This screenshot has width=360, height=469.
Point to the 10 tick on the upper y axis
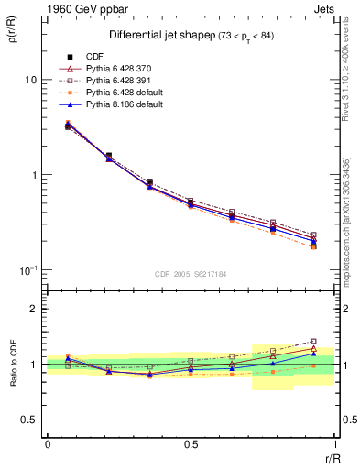click(x=30, y=80)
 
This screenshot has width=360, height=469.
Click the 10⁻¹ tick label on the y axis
click(x=27, y=269)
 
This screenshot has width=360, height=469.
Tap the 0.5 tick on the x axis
click(x=191, y=444)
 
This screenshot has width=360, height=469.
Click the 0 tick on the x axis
click(x=48, y=444)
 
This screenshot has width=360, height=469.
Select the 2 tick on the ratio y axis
click(x=36, y=309)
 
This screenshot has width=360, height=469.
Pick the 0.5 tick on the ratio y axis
click(x=32, y=420)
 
